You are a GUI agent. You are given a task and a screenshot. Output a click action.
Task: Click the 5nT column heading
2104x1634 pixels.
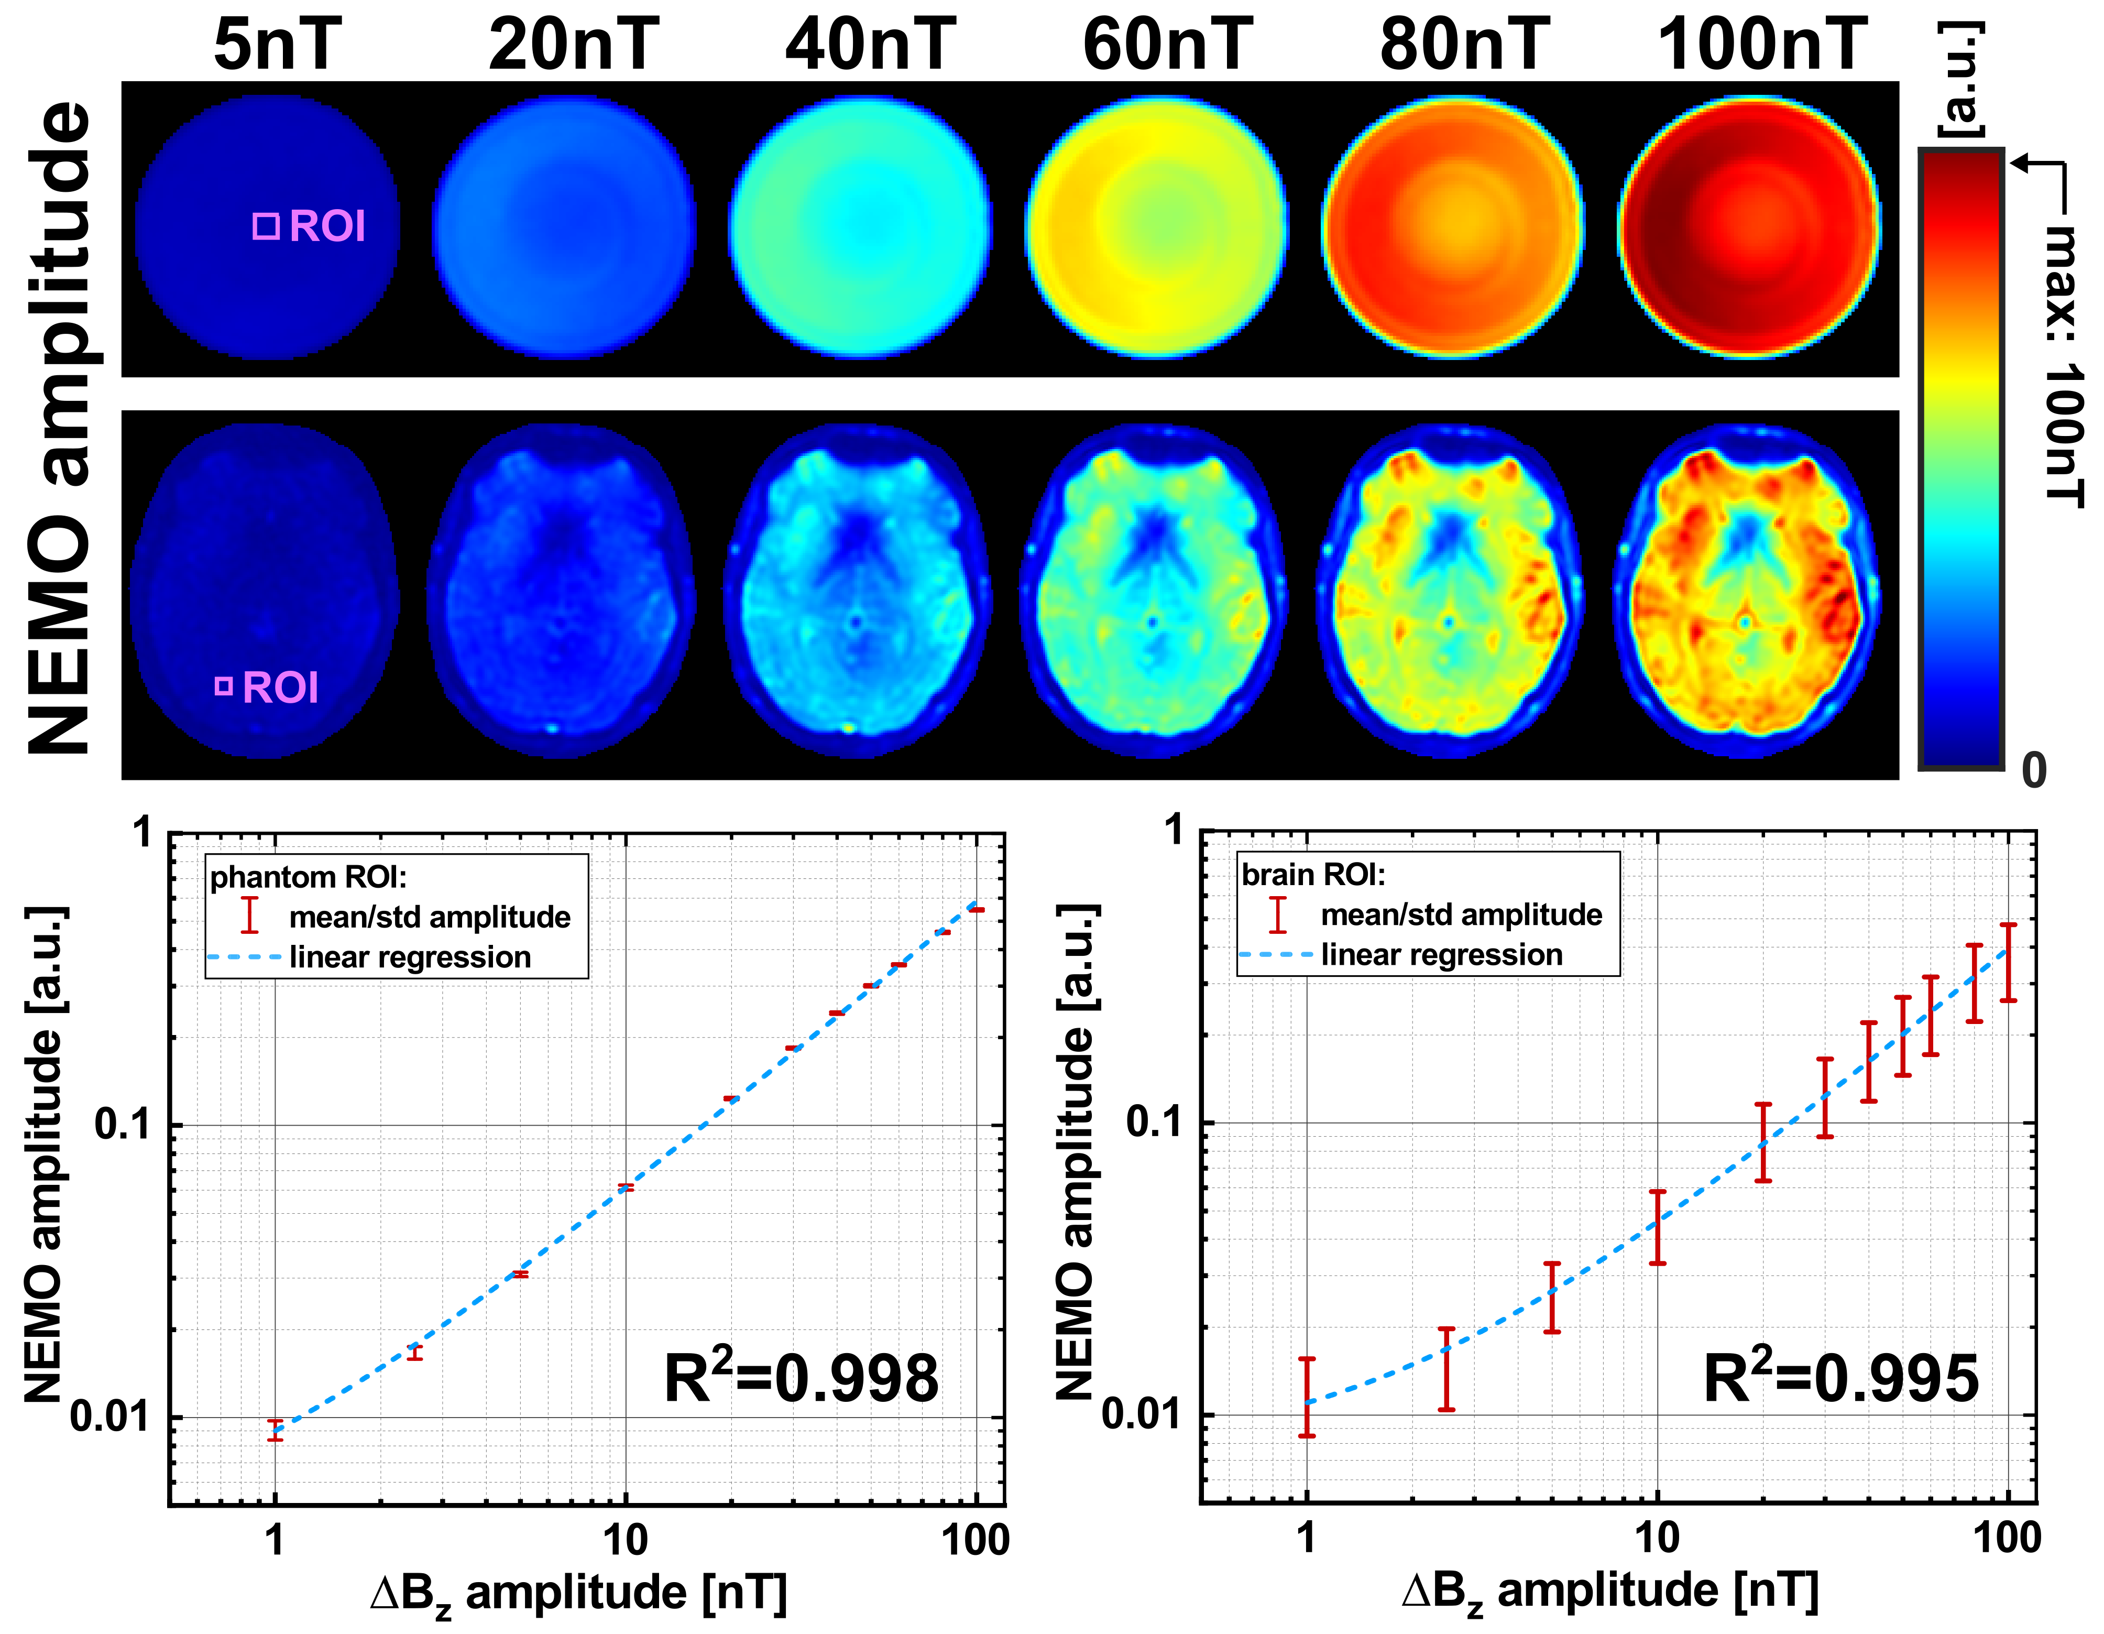point(278,45)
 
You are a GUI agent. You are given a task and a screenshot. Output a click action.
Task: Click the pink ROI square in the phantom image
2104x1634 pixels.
point(266,226)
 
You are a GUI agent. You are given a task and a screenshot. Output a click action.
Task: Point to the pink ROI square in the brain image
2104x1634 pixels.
point(224,686)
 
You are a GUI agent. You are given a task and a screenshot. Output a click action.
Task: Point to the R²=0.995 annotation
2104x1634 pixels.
point(1840,1378)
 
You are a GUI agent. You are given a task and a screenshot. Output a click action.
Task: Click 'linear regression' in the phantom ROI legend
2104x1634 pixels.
point(410,957)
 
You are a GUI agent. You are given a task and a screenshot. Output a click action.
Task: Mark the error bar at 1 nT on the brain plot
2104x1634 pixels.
point(1306,1397)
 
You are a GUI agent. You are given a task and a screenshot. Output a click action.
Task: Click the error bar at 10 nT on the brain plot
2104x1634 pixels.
point(1657,1227)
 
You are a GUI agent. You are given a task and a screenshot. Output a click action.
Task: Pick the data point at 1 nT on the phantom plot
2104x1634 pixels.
point(276,1430)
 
